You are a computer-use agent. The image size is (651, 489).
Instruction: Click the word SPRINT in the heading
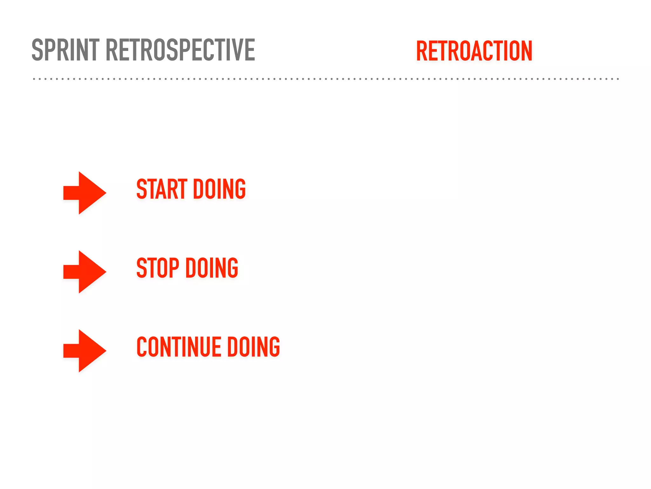pos(65,50)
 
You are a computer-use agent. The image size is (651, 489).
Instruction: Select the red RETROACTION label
pos(474,51)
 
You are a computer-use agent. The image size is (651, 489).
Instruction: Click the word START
pos(161,189)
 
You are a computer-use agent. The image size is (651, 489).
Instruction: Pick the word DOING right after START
pos(219,189)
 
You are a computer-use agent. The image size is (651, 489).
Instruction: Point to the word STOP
pos(158,268)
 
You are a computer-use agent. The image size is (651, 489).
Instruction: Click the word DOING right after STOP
pos(212,268)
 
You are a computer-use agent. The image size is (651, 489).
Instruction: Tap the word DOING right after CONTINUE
pos(253,347)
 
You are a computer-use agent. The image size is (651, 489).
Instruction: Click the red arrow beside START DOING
pos(85,193)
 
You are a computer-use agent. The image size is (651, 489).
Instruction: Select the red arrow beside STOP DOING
pos(85,272)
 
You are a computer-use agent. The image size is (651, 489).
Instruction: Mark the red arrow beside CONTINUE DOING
pos(85,351)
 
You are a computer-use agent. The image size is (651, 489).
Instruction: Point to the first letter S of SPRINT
pos(38,50)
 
